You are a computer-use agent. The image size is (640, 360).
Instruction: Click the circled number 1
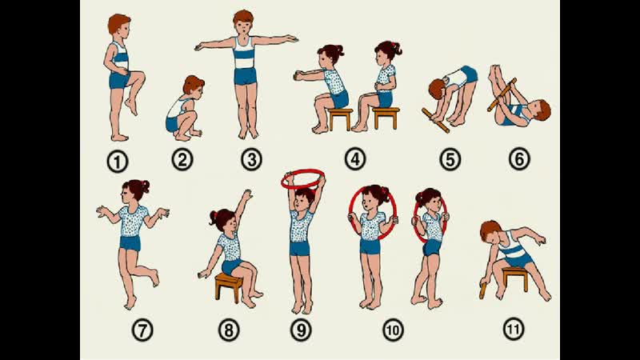tap(118, 162)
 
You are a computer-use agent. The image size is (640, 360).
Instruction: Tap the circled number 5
tap(450, 159)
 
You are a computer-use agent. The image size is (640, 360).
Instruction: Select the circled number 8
tap(229, 330)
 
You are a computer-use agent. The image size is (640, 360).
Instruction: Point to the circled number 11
tap(514, 329)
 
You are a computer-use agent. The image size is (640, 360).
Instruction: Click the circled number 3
tap(251, 159)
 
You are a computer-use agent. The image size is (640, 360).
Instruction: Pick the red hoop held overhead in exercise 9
tap(303, 179)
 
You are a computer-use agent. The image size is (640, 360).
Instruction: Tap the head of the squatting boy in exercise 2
tap(193, 85)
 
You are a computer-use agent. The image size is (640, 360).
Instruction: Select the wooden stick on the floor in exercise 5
tap(435, 121)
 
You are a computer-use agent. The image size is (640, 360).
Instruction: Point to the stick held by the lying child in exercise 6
tap(502, 94)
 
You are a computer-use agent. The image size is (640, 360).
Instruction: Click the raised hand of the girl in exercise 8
tap(246, 194)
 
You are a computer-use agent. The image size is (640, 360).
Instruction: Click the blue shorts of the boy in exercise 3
tap(245, 76)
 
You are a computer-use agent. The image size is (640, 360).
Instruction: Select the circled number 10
tap(393, 330)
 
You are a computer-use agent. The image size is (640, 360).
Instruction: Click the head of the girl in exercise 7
tap(134, 190)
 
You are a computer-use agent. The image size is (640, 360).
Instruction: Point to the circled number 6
tap(519, 158)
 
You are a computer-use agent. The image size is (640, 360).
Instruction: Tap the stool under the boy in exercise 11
tap(515, 278)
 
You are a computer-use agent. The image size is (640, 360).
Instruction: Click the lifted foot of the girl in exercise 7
tap(154, 278)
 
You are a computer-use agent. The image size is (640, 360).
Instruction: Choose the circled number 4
tap(355, 158)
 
